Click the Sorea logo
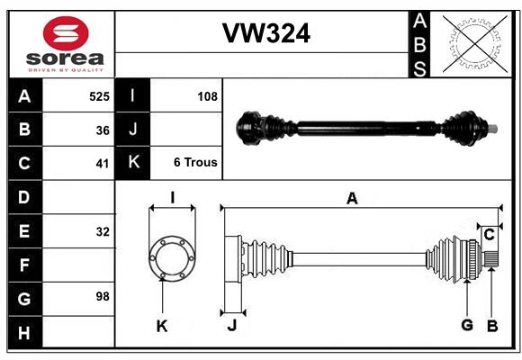(66, 45)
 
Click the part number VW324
(265, 34)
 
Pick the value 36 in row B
(103, 130)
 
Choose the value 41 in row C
(103, 164)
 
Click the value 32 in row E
(103, 231)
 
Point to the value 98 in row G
(102, 296)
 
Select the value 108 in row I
(207, 95)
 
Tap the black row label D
(24, 197)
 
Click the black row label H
(24, 333)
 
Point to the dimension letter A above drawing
(352, 199)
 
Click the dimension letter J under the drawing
(231, 327)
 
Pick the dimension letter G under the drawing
(466, 326)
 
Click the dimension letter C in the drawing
(489, 235)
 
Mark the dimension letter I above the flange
(171, 197)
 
